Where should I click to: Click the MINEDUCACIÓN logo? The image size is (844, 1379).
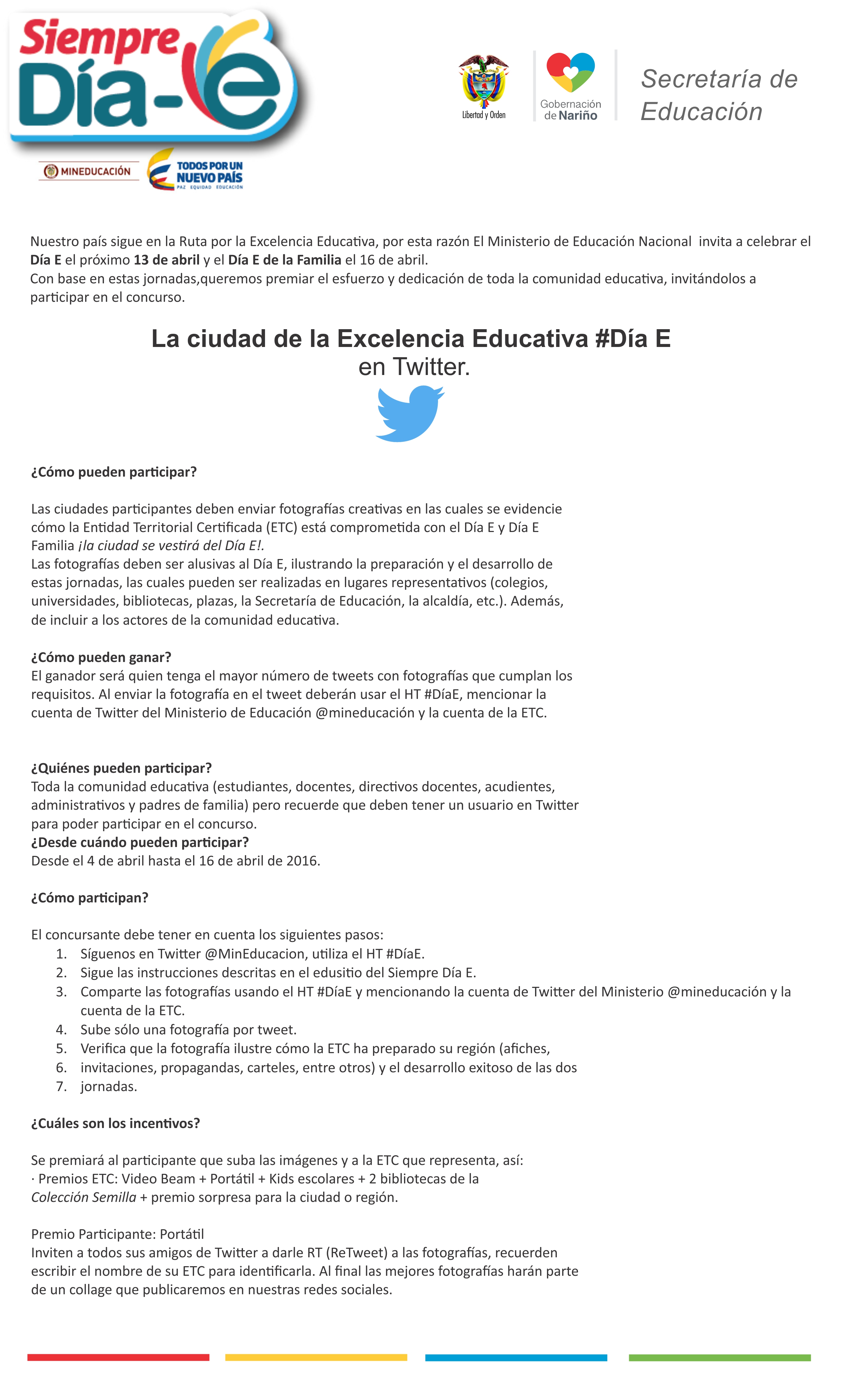[88, 171]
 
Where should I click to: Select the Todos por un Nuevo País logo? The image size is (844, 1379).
[196, 170]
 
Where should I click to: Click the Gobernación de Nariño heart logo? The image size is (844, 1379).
[570, 73]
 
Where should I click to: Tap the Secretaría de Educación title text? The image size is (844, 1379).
[719, 95]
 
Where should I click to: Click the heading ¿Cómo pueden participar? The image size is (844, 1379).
[114, 472]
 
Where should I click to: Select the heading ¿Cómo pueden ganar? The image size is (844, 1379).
[101, 657]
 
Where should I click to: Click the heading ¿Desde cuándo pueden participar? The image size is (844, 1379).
[139, 842]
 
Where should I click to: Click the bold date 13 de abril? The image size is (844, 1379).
[166, 260]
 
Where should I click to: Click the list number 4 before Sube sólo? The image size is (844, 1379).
[61, 1030]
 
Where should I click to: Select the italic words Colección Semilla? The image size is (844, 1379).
[84, 1197]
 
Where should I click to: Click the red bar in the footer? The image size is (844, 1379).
[118, 1357]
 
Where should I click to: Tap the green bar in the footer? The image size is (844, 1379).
[719, 1357]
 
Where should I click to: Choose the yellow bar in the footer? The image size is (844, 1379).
[316, 1357]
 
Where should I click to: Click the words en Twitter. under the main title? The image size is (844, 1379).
[414, 367]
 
